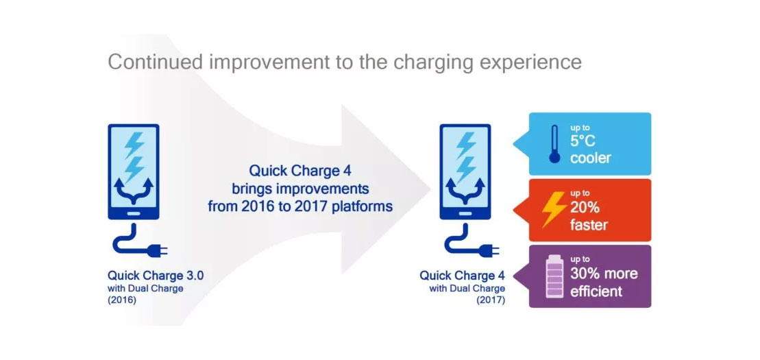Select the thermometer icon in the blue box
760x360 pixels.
pyautogui.click(x=554, y=143)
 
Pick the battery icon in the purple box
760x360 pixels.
pyautogui.click(x=554, y=276)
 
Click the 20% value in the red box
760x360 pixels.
pyautogui.click(x=585, y=208)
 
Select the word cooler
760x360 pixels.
pyautogui.click(x=590, y=158)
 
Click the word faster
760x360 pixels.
pyautogui.click(x=589, y=225)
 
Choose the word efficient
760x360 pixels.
pyautogui.click(x=596, y=291)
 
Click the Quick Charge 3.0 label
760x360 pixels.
pyautogui.click(x=156, y=276)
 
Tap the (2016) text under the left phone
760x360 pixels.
pyautogui.click(x=122, y=300)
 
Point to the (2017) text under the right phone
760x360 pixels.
pyautogui.click(x=491, y=300)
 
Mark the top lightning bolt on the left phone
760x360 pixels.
pyautogui.click(x=134, y=145)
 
